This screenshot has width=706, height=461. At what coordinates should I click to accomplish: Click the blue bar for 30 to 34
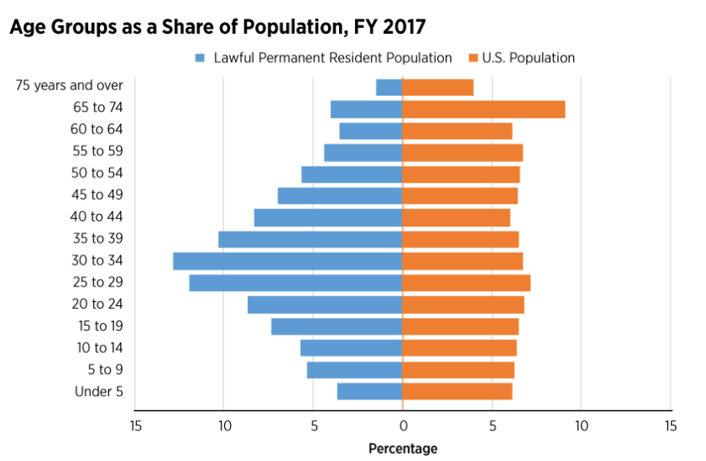point(287,261)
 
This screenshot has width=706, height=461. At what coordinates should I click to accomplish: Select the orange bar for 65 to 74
point(484,109)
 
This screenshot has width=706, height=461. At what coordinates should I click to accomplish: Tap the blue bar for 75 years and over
point(389,87)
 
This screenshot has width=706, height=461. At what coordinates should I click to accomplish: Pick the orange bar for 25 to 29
point(466,283)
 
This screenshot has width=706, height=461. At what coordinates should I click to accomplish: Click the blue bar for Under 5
point(369,392)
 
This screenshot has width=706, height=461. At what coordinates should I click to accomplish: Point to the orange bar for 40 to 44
point(456,217)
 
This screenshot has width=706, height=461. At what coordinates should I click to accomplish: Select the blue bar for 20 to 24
point(325,305)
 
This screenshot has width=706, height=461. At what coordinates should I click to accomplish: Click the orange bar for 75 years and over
point(437,87)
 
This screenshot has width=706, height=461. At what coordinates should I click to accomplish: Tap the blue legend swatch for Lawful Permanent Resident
point(200,58)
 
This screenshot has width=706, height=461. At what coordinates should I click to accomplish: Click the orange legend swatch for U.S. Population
point(472,58)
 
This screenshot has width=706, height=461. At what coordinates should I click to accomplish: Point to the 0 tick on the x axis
point(402,425)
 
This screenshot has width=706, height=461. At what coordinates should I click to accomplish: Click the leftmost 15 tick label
point(134,425)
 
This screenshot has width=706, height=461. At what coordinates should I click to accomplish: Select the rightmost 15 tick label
point(670,425)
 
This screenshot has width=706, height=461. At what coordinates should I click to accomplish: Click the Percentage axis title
point(402,448)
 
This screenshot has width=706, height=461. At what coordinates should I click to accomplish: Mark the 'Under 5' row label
point(99,392)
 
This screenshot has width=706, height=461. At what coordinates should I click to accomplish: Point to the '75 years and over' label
point(69,85)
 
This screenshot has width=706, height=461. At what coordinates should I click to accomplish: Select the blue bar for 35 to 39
point(310,239)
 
